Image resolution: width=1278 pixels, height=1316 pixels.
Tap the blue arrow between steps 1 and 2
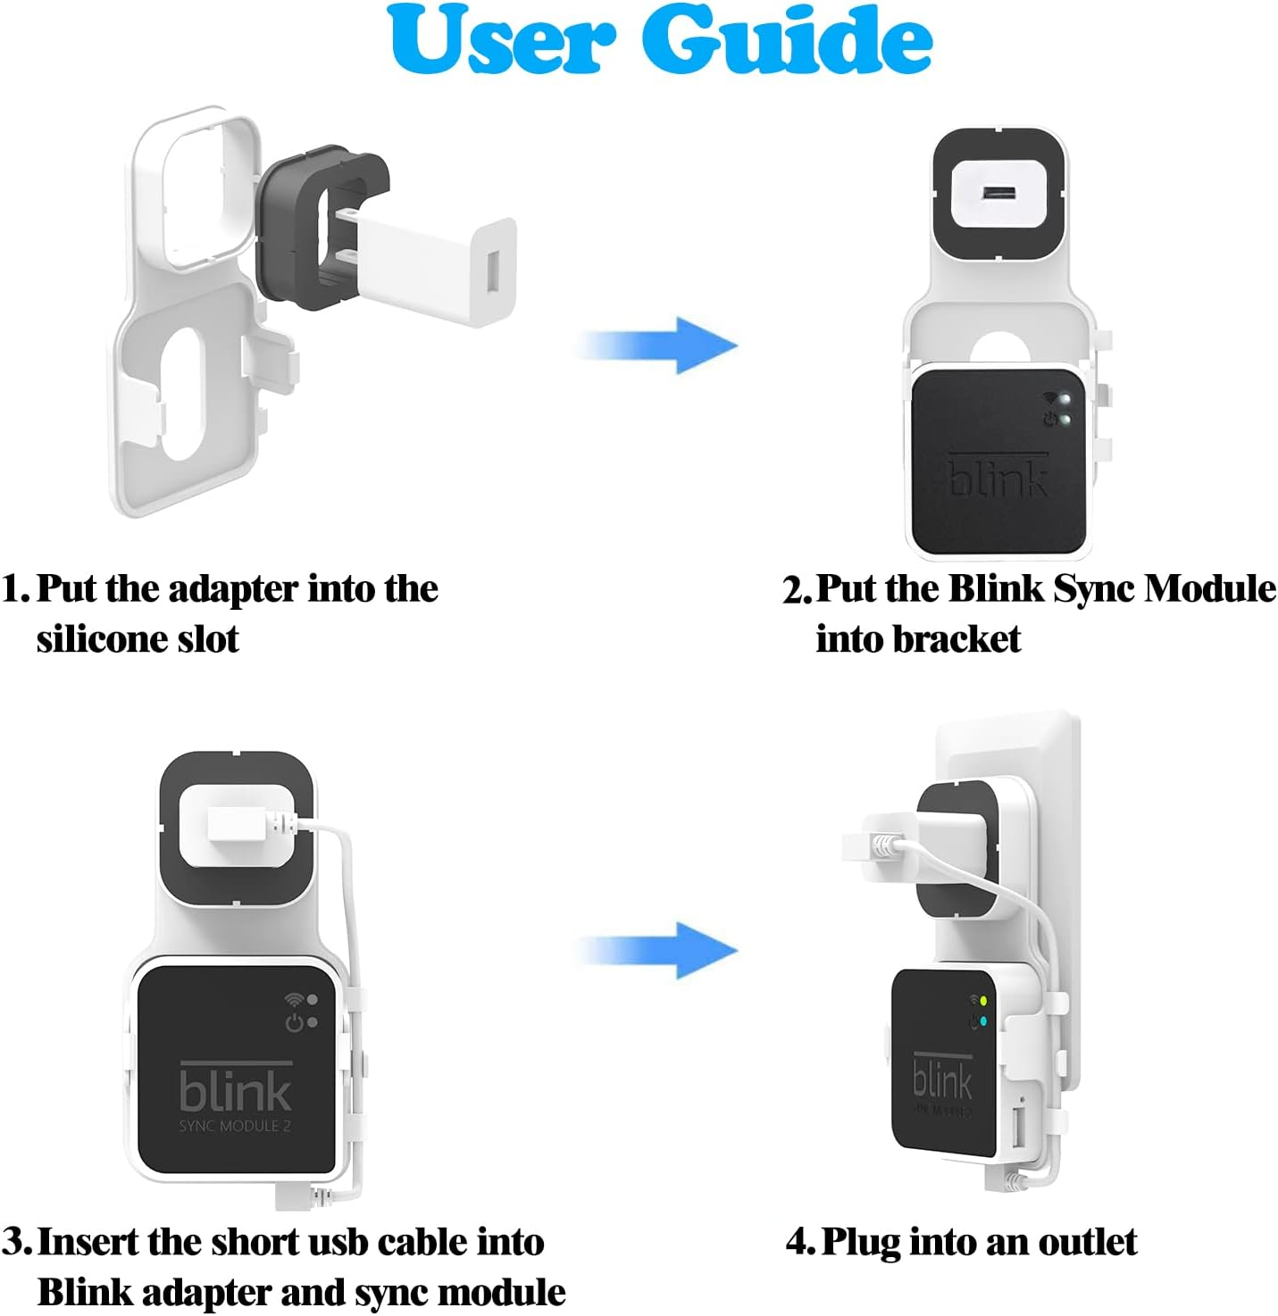point(661,345)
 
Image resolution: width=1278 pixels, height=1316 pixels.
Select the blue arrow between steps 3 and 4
point(661,950)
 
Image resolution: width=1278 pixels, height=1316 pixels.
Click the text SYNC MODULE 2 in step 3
point(235,1127)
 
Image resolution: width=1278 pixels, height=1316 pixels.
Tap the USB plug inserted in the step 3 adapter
point(238,824)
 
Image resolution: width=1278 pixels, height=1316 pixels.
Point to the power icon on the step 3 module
point(294,1022)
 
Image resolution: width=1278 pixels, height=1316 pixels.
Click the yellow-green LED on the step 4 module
point(982,1002)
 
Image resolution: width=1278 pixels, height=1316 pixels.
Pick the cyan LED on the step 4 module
point(982,1021)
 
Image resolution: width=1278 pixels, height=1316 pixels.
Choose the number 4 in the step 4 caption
point(798,1242)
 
